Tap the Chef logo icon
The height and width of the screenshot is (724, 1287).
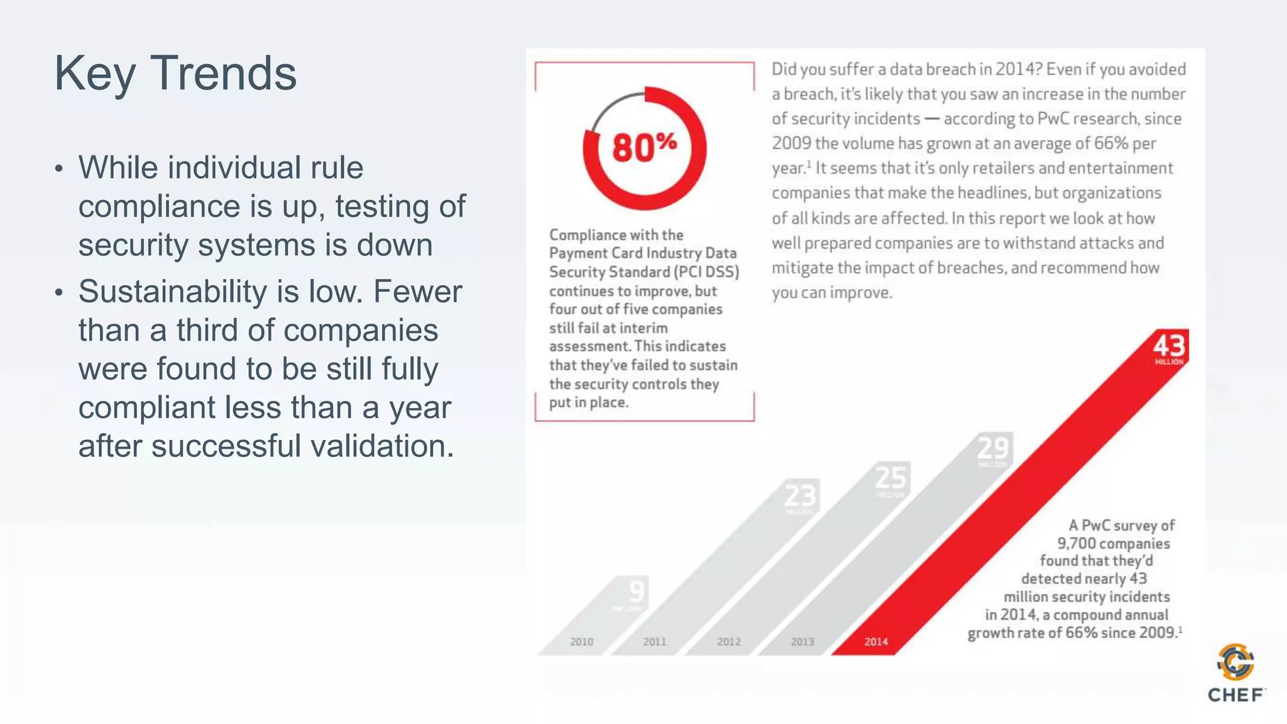(x=1235, y=662)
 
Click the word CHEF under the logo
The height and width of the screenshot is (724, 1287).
(x=1235, y=695)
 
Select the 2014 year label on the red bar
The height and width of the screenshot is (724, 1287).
(x=875, y=642)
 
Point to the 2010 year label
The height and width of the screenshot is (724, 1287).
(x=581, y=642)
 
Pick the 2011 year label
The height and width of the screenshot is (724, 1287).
(x=654, y=642)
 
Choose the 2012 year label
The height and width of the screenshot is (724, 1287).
(x=728, y=642)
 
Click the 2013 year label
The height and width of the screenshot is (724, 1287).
(x=802, y=642)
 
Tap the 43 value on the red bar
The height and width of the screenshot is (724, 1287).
(x=1169, y=346)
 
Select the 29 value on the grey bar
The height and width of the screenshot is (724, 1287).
(x=993, y=449)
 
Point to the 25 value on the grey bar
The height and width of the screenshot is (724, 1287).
(x=890, y=478)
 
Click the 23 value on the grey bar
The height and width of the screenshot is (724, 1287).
(x=800, y=496)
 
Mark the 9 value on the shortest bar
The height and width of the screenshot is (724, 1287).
(x=636, y=592)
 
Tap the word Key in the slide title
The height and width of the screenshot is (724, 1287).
(x=94, y=74)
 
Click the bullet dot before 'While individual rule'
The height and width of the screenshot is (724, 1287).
(x=58, y=168)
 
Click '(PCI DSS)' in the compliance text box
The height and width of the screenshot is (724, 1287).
(x=706, y=272)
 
